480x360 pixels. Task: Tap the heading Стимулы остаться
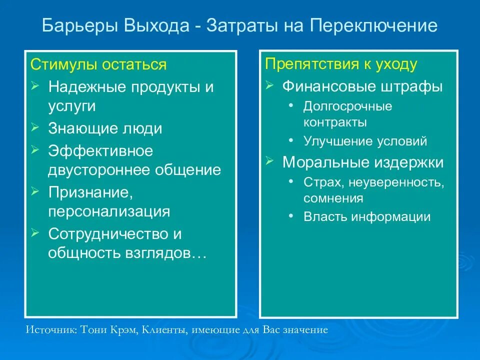tap(98, 65)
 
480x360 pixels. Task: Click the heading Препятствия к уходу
tap(341, 64)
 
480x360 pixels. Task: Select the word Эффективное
tap(100, 150)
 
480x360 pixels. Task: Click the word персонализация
tap(109, 211)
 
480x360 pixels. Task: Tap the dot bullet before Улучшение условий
tap(291, 141)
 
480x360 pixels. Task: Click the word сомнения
tap(333, 198)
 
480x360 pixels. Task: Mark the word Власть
tap(324, 217)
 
